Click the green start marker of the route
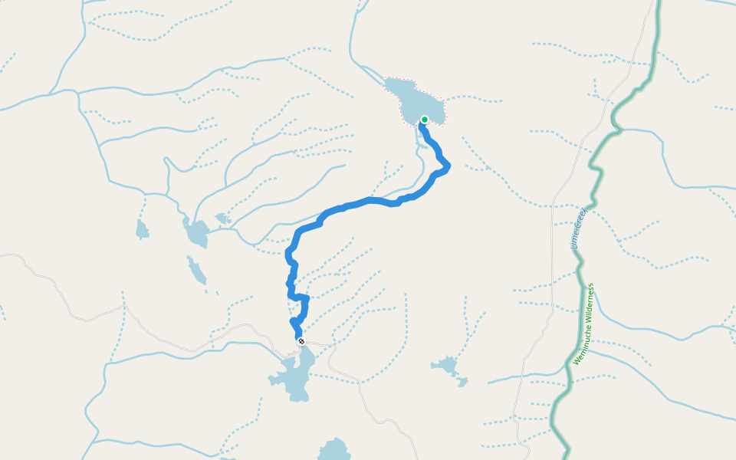click(x=424, y=120)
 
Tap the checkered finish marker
click(x=301, y=341)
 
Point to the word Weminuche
click(x=580, y=346)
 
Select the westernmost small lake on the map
click(x=142, y=229)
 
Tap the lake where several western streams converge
click(x=196, y=232)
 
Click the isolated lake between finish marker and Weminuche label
click(x=445, y=365)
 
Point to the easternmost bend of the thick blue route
click(x=447, y=165)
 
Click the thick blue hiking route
click(x=360, y=202)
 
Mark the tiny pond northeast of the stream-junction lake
click(x=223, y=219)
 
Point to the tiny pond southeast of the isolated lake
click(x=462, y=381)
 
